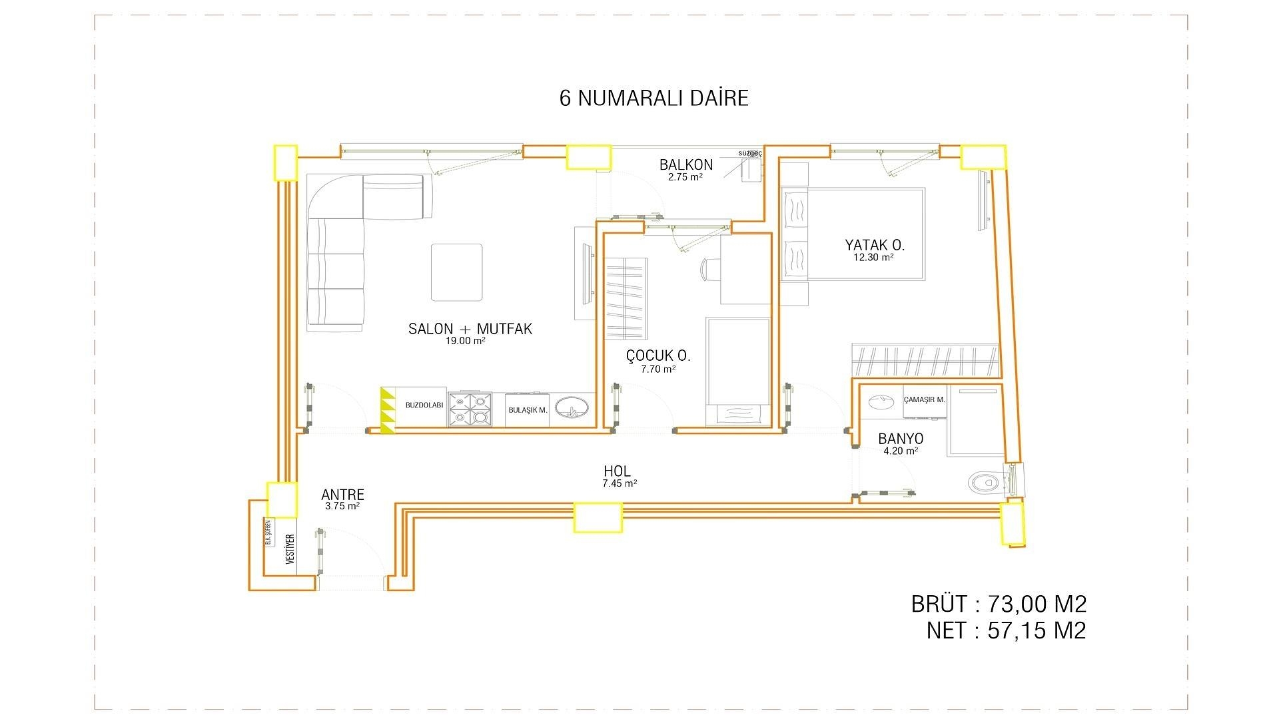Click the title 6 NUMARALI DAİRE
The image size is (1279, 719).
653,98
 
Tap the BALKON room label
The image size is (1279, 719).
685,164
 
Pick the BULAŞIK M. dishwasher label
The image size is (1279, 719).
528,411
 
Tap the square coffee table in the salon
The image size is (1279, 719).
456,272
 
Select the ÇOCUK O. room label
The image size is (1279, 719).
658,356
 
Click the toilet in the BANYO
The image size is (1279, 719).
985,481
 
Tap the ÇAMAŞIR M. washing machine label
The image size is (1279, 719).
924,400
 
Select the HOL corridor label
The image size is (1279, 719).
617,471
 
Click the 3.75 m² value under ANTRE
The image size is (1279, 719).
342,506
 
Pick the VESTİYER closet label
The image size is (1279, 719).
290,549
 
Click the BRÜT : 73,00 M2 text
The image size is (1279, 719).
999,604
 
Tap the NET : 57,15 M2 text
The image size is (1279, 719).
1006,630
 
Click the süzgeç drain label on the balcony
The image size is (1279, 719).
749,153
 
